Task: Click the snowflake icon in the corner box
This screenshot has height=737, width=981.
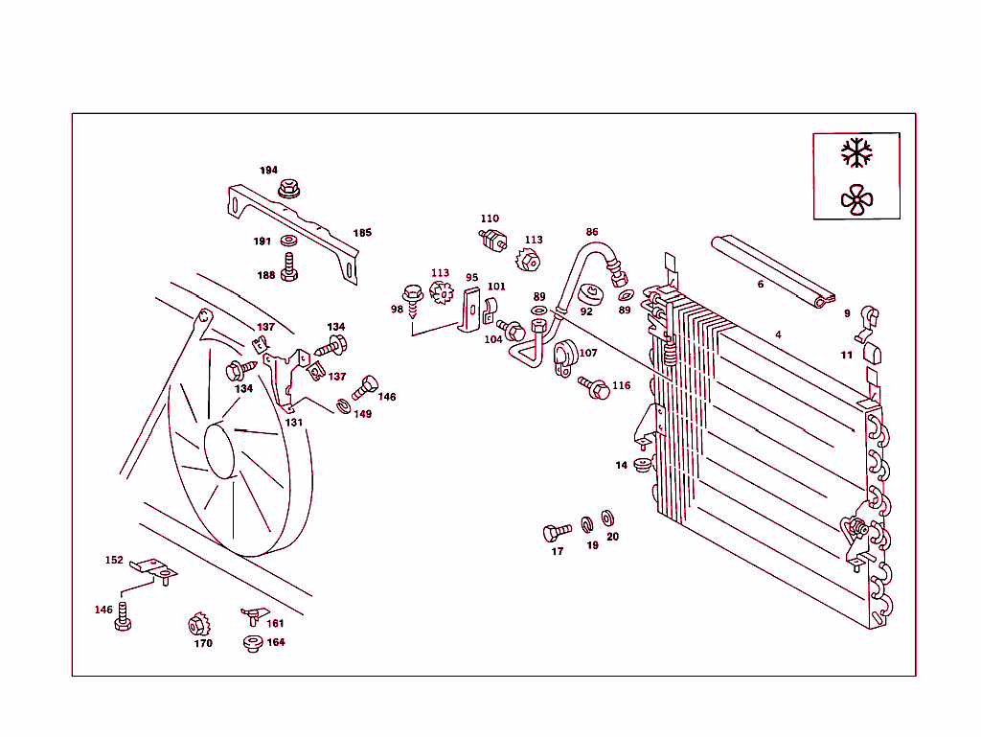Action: tap(856, 153)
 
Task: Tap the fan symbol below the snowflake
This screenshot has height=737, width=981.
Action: tap(856, 198)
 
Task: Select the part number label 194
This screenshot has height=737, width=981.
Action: tap(268, 171)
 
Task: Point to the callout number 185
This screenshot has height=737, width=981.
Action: tap(362, 233)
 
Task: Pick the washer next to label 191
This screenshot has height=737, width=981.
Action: tap(289, 241)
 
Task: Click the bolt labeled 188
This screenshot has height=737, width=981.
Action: tap(289, 267)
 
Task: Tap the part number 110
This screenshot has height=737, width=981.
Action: tap(490, 219)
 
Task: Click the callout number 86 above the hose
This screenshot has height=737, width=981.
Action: tap(592, 232)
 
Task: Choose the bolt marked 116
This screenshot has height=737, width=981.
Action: tap(594, 388)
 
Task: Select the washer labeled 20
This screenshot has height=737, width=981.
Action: tap(607, 518)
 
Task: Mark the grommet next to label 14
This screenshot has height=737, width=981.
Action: tap(642, 466)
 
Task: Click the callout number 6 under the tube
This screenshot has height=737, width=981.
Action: tap(761, 284)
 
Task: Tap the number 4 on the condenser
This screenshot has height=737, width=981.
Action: tap(779, 334)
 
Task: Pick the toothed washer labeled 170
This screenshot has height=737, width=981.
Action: tap(198, 625)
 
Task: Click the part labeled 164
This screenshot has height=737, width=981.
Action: tap(253, 643)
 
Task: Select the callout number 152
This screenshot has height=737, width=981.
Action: tap(114, 561)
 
